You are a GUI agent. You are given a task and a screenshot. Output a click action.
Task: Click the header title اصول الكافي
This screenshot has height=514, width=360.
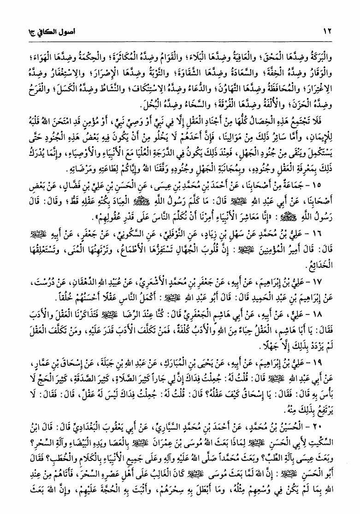click(x=36, y=33)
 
